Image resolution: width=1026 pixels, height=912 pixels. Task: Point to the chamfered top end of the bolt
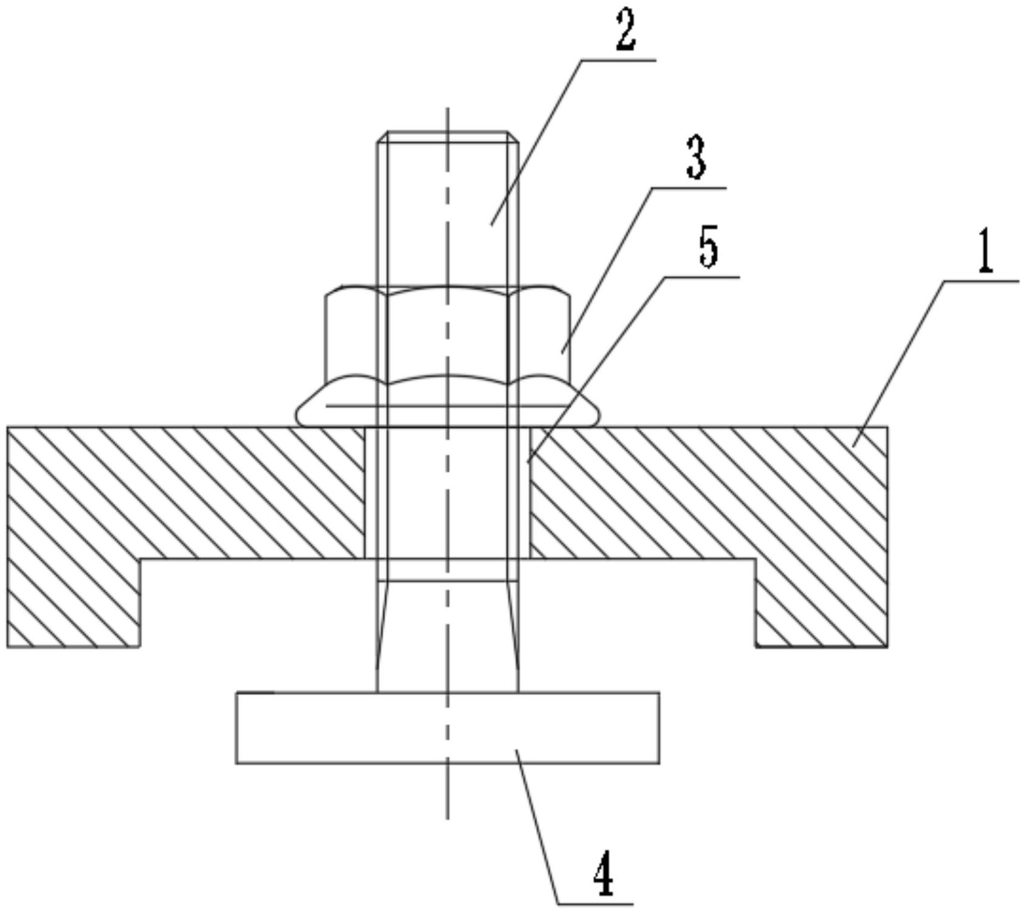coord(447,137)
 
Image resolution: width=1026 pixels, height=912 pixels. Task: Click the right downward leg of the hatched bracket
coord(821,602)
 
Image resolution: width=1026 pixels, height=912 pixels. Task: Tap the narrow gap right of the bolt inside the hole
coord(524,492)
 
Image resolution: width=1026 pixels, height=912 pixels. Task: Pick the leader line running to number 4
coord(537,826)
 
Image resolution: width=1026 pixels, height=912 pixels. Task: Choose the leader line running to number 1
coord(900,365)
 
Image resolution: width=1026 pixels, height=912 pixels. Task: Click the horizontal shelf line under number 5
coord(701,277)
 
